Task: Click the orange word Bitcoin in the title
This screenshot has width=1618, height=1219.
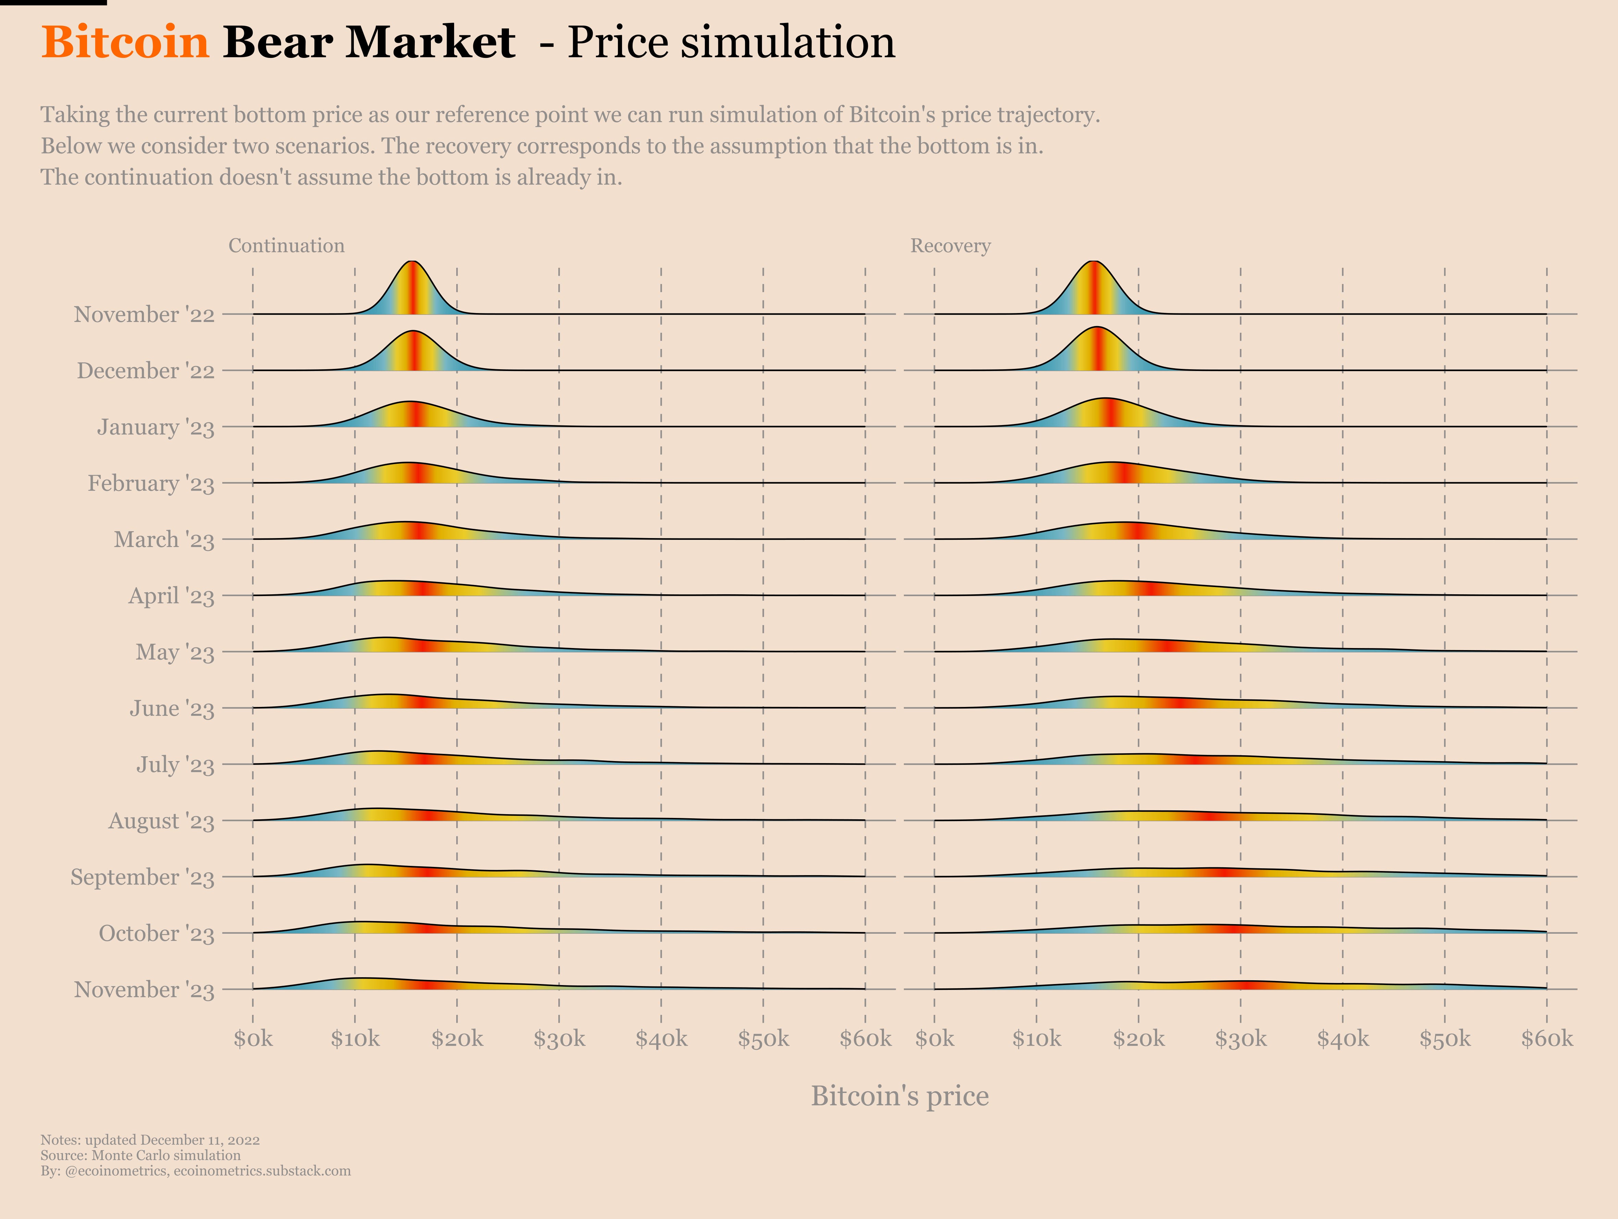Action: point(125,42)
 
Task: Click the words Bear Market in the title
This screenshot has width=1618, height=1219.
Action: point(369,42)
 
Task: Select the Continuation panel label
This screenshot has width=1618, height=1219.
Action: point(286,246)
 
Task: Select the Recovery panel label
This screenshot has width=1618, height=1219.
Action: point(950,246)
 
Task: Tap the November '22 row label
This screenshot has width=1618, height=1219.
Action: point(144,315)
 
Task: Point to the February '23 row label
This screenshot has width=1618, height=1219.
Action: point(151,484)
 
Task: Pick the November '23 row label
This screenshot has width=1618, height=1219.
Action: point(144,990)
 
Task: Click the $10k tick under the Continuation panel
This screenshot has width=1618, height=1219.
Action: point(355,1038)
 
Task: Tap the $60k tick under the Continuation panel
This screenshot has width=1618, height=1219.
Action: point(865,1038)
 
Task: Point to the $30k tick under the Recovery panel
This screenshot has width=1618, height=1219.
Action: point(1241,1038)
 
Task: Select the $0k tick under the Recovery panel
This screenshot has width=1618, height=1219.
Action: point(934,1038)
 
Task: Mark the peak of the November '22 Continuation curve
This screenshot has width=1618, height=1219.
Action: point(412,262)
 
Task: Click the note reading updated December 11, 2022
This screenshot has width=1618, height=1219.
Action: point(150,1140)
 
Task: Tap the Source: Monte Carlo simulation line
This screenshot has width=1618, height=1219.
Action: point(140,1155)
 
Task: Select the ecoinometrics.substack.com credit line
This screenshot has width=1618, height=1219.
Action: point(195,1171)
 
